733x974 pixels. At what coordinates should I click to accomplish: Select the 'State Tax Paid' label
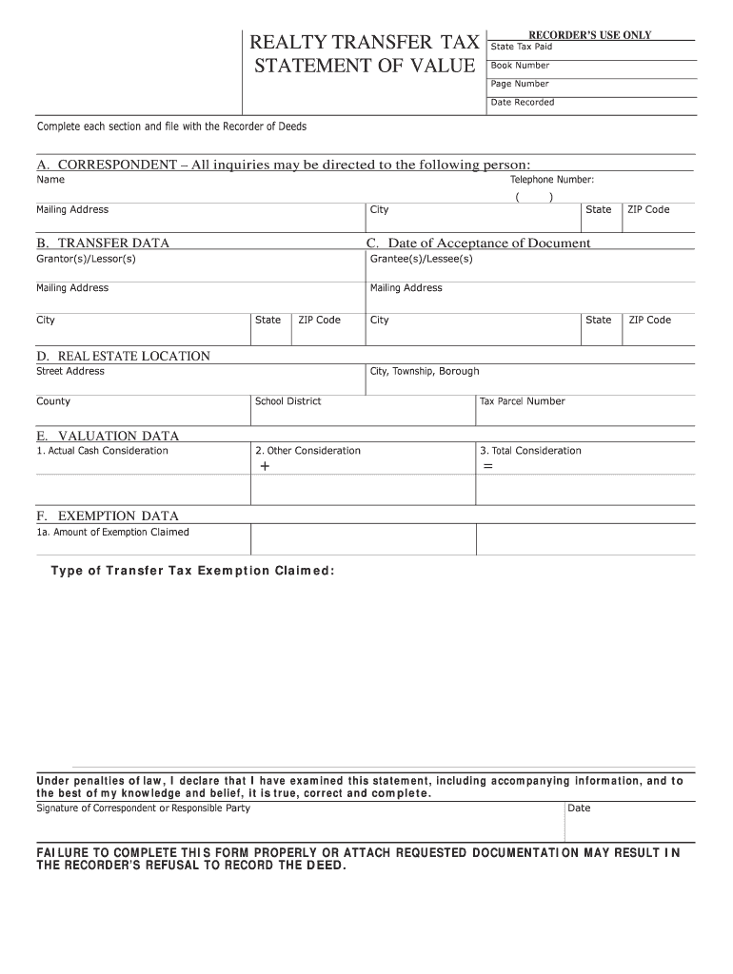521,47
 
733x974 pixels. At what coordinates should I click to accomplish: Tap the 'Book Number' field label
520,66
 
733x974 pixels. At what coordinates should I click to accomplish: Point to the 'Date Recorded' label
522,102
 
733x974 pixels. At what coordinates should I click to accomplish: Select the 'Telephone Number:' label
552,179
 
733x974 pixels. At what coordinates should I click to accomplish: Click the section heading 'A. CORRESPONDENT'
106,165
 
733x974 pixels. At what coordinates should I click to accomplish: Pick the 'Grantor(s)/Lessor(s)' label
86,259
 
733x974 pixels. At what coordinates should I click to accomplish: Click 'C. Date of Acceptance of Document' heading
479,243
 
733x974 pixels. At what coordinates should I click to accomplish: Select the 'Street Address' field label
70,371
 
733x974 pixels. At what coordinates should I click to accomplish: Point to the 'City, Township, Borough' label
425,371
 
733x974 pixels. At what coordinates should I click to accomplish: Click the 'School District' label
287,401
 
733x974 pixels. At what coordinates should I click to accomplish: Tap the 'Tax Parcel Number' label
522,401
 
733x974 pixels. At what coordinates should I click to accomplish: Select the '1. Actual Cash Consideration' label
102,451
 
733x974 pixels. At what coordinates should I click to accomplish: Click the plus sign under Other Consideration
265,467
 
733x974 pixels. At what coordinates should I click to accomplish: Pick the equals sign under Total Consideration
487,467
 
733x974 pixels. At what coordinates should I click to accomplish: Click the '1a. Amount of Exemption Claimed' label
112,533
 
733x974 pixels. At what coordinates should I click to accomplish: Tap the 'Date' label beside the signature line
579,808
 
